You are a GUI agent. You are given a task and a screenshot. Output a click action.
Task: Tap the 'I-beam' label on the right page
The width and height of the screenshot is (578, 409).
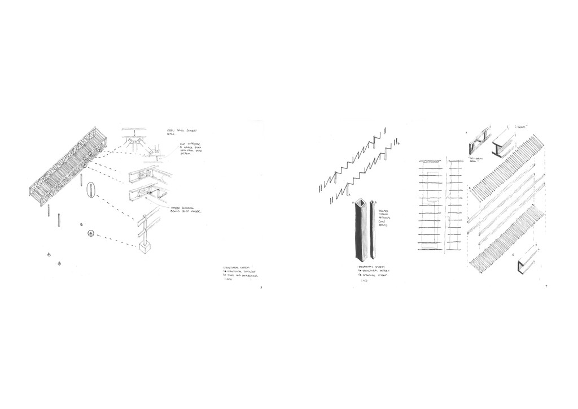click(x=519, y=127)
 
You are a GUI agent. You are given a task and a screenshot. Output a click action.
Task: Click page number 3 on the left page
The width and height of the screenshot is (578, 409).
click(x=261, y=288)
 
